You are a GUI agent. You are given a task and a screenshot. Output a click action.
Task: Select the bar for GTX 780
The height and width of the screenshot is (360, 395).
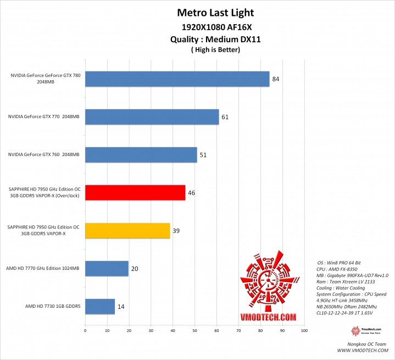tap(177, 79)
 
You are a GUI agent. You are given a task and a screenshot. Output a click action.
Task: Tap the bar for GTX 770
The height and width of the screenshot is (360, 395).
tap(152, 117)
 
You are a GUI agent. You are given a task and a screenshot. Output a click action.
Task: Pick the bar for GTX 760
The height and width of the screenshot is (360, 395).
tap(141, 155)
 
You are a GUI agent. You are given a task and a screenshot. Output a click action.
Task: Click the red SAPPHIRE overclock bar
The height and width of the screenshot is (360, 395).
tap(135, 193)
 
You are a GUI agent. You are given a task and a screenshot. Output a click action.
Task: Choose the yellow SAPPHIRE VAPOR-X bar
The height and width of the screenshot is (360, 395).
tap(127, 231)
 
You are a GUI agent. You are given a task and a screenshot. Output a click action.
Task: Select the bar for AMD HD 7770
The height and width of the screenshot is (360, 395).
tap(107, 269)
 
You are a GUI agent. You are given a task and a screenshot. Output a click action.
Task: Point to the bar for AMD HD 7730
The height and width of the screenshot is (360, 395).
tap(100, 306)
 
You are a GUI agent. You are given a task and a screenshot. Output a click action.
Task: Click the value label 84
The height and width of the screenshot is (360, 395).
tap(276, 79)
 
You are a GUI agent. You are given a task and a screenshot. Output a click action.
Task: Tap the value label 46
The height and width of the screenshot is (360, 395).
tap(192, 193)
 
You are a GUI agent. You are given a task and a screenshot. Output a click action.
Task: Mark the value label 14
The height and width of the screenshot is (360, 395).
tap(121, 306)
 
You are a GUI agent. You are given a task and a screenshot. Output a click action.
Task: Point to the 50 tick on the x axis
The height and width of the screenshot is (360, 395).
tap(194, 331)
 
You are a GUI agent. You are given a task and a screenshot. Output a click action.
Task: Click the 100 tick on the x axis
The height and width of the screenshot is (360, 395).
tap(304, 331)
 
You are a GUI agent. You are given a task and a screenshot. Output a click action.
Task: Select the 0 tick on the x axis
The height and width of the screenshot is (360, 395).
tap(85, 331)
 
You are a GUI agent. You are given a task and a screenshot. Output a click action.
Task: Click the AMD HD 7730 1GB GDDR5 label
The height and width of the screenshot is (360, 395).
tap(53, 306)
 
